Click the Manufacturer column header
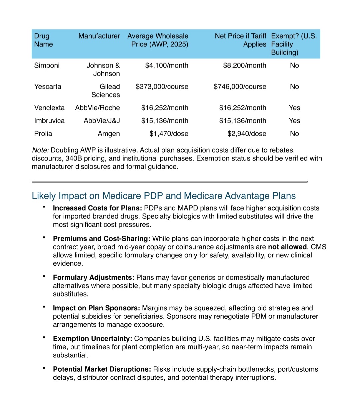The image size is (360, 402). tap(99, 36)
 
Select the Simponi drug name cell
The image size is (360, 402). tap(47, 65)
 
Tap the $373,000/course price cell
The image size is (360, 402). tap(162, 87)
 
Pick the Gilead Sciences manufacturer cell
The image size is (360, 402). tap(106, 91)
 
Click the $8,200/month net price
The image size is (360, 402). tap(244, 65)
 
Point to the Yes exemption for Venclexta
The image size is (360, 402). tap(294, 108)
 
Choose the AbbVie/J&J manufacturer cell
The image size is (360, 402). tap(102, 121)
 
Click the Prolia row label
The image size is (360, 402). tap(43, 134)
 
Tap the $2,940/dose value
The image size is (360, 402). tap(247, 134)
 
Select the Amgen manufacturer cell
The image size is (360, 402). tap(109, 134)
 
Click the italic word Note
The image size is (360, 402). tap(40, 150)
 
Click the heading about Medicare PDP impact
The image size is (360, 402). tap(164, 196)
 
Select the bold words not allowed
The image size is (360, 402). tap(287, 247)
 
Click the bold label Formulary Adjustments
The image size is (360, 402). tap(93, 278)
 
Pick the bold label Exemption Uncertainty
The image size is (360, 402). tap(92, 339)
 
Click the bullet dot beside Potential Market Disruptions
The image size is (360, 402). tap(44, 368)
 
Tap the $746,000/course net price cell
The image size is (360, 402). tap(240, 87)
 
